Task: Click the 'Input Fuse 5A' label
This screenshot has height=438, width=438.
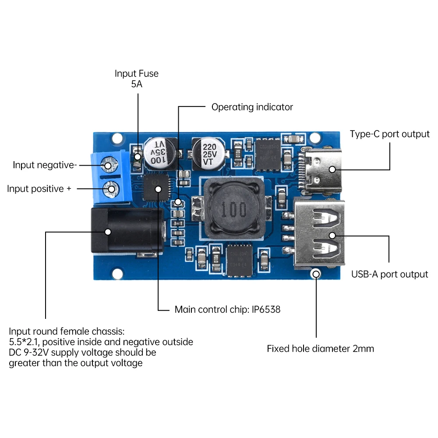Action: (137, 79)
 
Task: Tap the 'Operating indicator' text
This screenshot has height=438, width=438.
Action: (252, 107)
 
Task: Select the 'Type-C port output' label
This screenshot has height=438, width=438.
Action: (389, 134)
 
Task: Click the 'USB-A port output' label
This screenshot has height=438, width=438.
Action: (389, 274)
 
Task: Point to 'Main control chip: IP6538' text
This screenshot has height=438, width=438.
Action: (227, 309)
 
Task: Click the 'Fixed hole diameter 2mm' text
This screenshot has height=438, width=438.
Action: (321, 349)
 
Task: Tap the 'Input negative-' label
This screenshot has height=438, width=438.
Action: (45, 165)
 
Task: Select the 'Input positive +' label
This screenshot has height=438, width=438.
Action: (39, 189)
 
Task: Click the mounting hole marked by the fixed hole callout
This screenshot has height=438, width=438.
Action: (316, 274)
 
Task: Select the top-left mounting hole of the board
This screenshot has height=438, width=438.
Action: (117, 139)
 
